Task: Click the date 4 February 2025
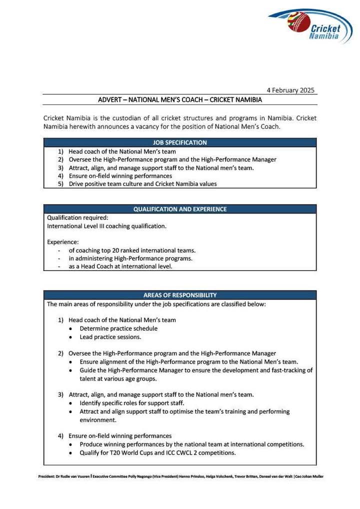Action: [290, 90]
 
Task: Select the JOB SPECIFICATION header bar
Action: [179, 142]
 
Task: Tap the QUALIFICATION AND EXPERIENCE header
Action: [179, 209]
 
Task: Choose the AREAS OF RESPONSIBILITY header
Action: [179, 295]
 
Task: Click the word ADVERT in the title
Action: [110, 100]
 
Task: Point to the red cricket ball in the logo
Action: [298, 22]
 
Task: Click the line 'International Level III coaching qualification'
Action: [106, 226]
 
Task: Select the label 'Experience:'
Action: [62, 242]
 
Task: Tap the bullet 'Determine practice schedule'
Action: [118, 328]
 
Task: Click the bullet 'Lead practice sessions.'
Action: [110, 337]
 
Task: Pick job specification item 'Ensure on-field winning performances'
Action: [120, 176]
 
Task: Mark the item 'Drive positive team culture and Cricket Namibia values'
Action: [142, 184]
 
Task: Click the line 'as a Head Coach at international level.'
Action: [120, 266]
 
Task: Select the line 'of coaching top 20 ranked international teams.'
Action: [132, 250]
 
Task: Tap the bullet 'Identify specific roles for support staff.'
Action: [132, 403]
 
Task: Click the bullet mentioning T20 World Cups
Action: [157, 453]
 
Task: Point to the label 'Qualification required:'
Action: [77, 218]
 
